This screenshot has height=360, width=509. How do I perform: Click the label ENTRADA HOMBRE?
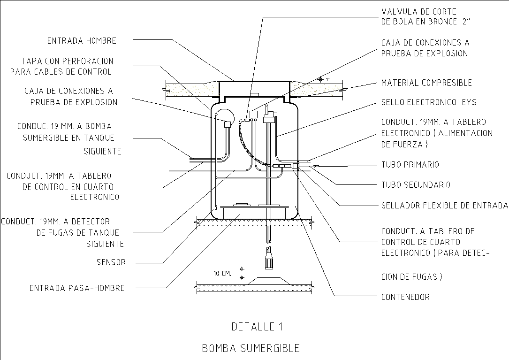(x=81, y=41)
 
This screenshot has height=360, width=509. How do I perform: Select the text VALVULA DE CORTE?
(x=418, y=11)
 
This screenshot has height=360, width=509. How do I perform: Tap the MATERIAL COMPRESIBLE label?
(x=426, y=83)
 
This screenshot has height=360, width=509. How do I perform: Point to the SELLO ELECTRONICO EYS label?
(x=428, y=102)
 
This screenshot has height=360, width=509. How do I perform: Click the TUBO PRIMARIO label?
(x=410, y=165)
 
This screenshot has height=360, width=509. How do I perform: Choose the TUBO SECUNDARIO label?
(x=416, y=184)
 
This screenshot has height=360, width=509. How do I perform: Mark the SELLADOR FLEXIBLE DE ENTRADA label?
(x=444, y=205)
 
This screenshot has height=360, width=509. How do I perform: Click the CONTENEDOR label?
(x=405, y=297)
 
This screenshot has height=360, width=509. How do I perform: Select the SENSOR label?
(x=111, y=262)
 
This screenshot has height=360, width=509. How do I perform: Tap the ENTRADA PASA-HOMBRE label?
(x=77, y=288)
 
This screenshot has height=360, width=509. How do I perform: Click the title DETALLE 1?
(x=257, y=326)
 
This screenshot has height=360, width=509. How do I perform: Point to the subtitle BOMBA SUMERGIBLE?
(x=251, y=348)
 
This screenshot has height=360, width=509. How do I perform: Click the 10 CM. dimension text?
(x=222, y=273)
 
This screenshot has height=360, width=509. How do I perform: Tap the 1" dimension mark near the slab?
(x=328, y=80)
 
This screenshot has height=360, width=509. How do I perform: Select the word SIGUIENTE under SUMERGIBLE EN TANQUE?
(x=102, y=151)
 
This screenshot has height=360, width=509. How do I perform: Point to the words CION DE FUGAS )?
(x=411, y=276)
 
